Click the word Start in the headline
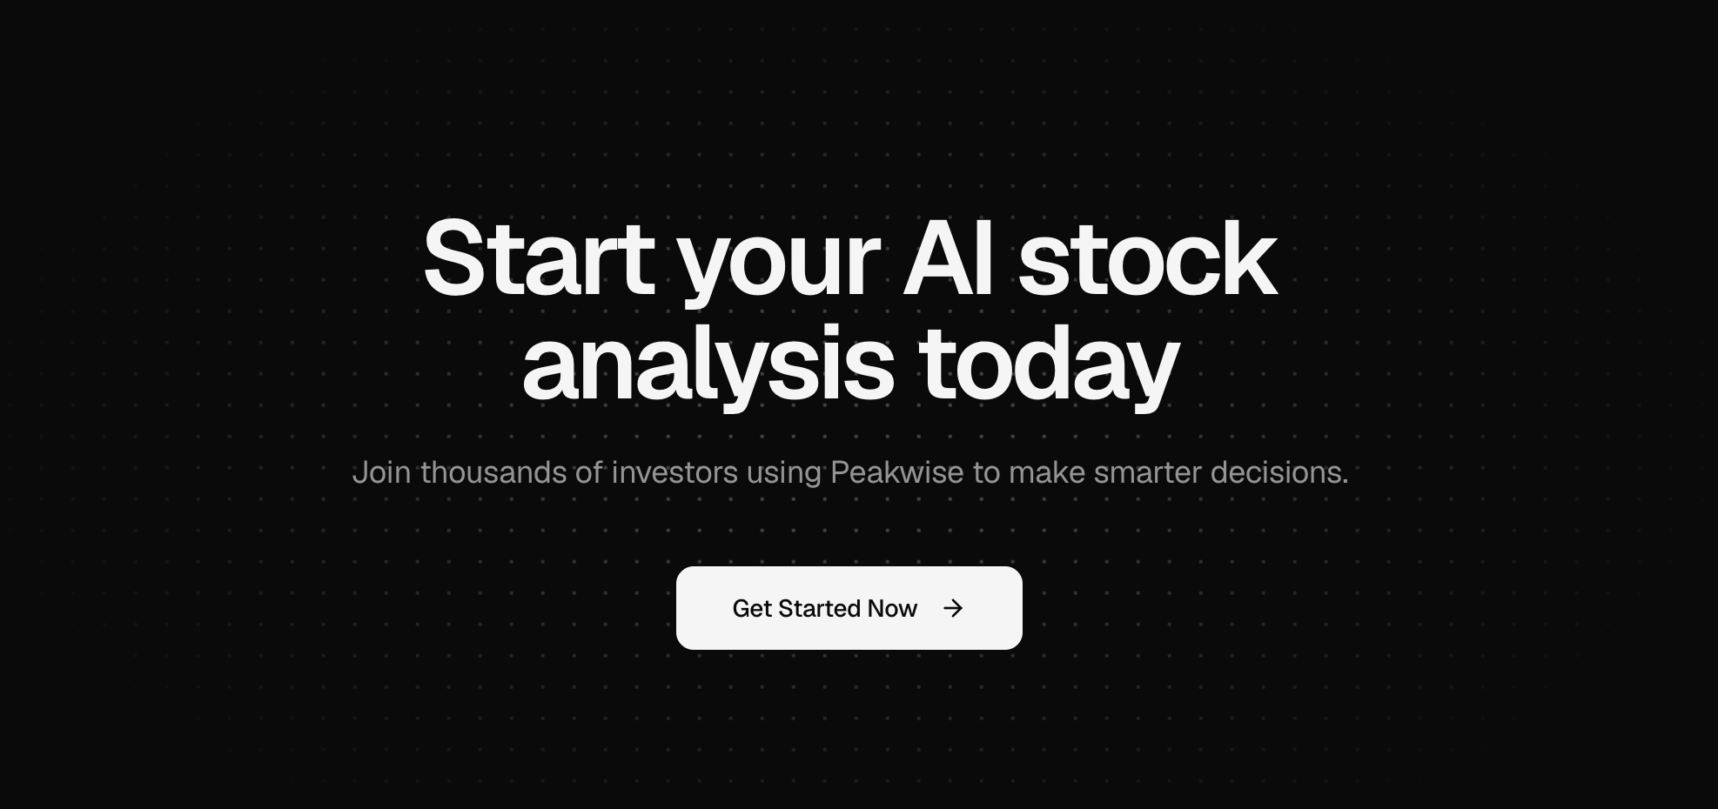point(538,258)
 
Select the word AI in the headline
point(948,258)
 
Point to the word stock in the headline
point(1147,258)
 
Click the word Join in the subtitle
point(381,472)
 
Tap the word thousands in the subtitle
point(493,472)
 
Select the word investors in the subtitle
point(674,472)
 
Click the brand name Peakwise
point(896,472)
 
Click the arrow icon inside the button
point(953,608)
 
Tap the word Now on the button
point(892,608)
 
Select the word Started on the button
point(819,608)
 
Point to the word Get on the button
point(752,608)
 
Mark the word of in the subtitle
point(588,472)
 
